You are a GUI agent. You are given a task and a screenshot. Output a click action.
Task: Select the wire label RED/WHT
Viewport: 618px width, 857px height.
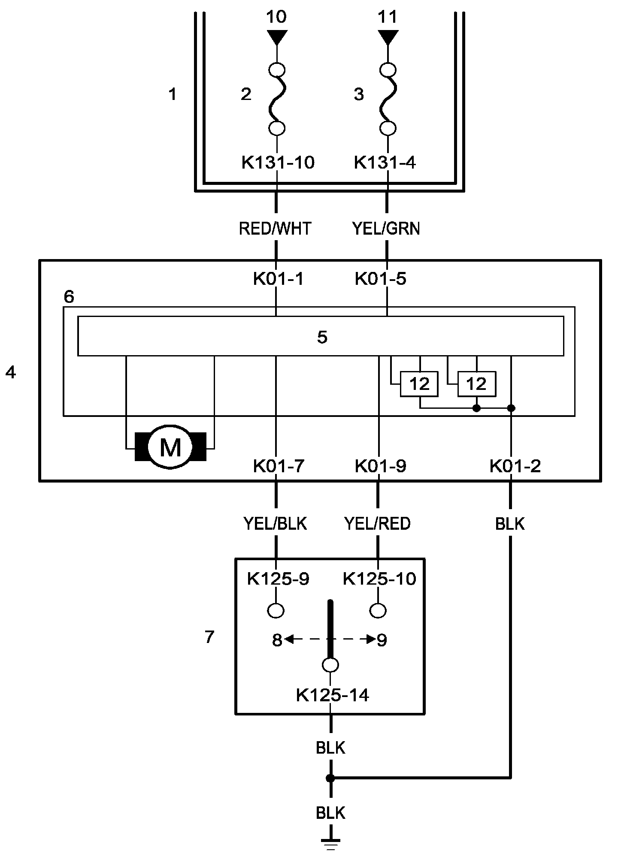click(275, 229)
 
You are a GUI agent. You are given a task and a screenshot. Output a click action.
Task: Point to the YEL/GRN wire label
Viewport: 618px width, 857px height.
click(386, 229)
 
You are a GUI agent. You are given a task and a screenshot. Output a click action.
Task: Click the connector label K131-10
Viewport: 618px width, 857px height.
click(278, 163)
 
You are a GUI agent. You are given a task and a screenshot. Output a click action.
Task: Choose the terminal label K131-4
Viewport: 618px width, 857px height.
click(385, 163)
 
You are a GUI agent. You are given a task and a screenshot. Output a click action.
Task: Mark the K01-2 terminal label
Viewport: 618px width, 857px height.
click(515, 465)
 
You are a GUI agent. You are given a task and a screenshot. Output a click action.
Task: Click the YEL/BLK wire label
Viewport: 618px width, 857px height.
click(275, 523)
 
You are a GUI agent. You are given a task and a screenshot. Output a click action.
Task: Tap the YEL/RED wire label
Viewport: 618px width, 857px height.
click(378, 523)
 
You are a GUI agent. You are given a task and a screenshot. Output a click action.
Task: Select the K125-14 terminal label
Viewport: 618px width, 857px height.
click(333, 695)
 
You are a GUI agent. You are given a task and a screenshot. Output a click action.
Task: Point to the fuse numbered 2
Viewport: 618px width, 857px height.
click(277, 99)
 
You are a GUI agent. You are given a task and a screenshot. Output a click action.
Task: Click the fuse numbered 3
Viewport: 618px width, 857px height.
click(388, 99)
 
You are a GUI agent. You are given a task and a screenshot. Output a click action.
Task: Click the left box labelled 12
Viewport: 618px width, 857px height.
click(419, 384)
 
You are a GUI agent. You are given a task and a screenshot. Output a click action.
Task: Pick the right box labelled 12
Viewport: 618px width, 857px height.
click(476, 384)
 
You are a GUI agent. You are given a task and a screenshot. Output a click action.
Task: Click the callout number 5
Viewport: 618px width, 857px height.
click(322, 337)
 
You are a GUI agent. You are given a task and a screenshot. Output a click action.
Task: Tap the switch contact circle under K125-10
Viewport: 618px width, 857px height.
click(378, 610)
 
